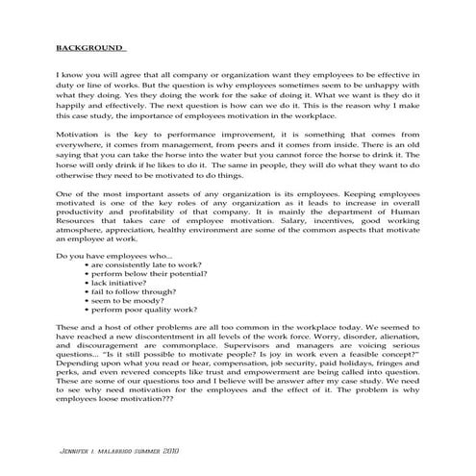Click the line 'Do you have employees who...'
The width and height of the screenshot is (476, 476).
(115, 254)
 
